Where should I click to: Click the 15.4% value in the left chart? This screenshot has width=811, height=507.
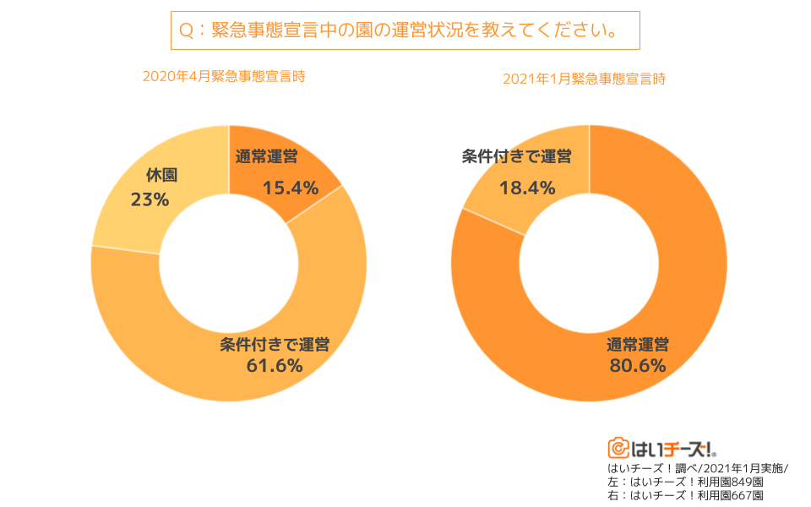(290, 188)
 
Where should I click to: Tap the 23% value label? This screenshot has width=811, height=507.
(150, 199)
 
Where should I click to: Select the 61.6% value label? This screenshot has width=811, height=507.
(274, 365)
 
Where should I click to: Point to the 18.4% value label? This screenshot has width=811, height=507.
(527, 188)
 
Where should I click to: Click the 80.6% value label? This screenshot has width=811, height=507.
(638, 365)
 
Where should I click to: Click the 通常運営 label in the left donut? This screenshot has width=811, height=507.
(266, 156)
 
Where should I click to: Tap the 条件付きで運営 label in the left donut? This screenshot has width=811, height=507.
(275, 344)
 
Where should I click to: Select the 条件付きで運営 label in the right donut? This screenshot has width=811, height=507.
(517, 156)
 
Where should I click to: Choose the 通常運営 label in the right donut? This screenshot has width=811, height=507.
(638, 344)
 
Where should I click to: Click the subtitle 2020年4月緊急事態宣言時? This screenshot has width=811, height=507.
(224, 76)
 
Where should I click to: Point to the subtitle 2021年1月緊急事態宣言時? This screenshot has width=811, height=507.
(585, 79)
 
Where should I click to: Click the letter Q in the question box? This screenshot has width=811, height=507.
(185, 30)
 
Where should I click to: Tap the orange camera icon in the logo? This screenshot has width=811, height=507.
(618, 448)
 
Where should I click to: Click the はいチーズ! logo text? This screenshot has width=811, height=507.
(672, 448)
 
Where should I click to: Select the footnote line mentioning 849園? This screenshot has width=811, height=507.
(685, 482)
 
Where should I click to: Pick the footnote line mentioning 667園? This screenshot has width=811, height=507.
(685, 495)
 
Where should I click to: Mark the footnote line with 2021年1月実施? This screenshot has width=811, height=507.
(697, 468)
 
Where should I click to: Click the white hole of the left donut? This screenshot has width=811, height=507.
(229, 264)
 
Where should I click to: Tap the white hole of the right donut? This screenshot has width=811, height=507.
(589, 264)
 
